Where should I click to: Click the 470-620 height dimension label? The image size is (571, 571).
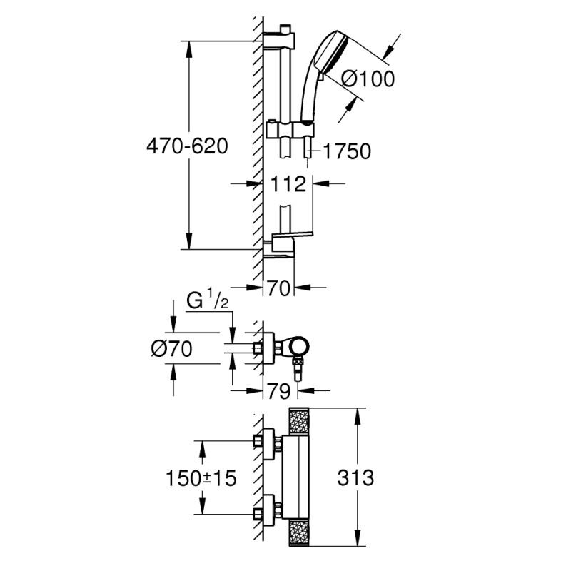pos(186,146)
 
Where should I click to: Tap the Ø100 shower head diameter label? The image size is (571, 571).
pos(368,79)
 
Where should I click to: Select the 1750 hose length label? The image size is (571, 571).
pos(346,151)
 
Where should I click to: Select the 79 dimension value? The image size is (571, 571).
pos(280,390)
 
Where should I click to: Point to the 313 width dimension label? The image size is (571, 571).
pos(354,477)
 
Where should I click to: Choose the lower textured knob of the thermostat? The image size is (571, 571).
pos(300,532)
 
